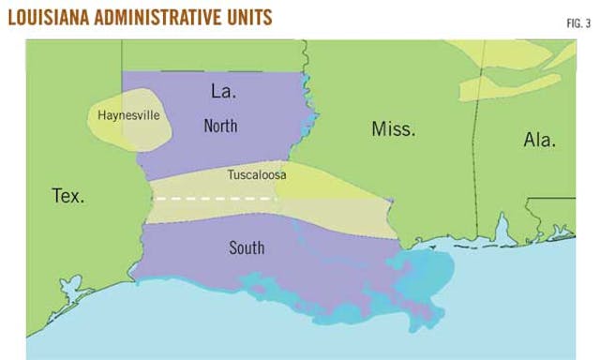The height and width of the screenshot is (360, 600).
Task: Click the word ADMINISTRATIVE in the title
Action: tap(173, 17)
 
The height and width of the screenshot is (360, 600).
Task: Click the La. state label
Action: tap(223, 93)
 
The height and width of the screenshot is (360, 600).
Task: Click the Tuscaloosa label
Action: tap(257, 175)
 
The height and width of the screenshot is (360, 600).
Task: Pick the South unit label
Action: tap(247, 248)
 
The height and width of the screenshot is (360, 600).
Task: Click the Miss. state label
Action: tap(393, 129)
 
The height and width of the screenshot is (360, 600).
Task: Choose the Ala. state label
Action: tap(539, 141)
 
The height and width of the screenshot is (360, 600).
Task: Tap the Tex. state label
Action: tap(67, 196)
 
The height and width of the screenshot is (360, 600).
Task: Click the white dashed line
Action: tap(216, 199)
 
